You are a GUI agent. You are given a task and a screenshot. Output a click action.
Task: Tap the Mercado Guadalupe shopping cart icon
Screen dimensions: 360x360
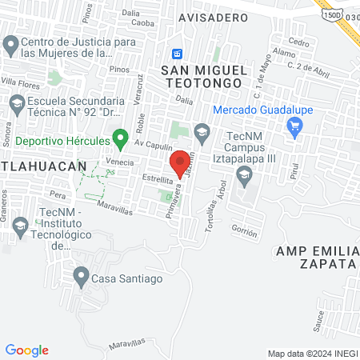(x=294, y=125)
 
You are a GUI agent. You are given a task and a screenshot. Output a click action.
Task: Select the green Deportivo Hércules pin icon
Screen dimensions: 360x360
(x=121, y=139)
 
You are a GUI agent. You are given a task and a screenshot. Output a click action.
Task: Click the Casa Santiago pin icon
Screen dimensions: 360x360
(x=81, y=278)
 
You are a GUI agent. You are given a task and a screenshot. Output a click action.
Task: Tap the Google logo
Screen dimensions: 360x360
(x=26, y=350)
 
